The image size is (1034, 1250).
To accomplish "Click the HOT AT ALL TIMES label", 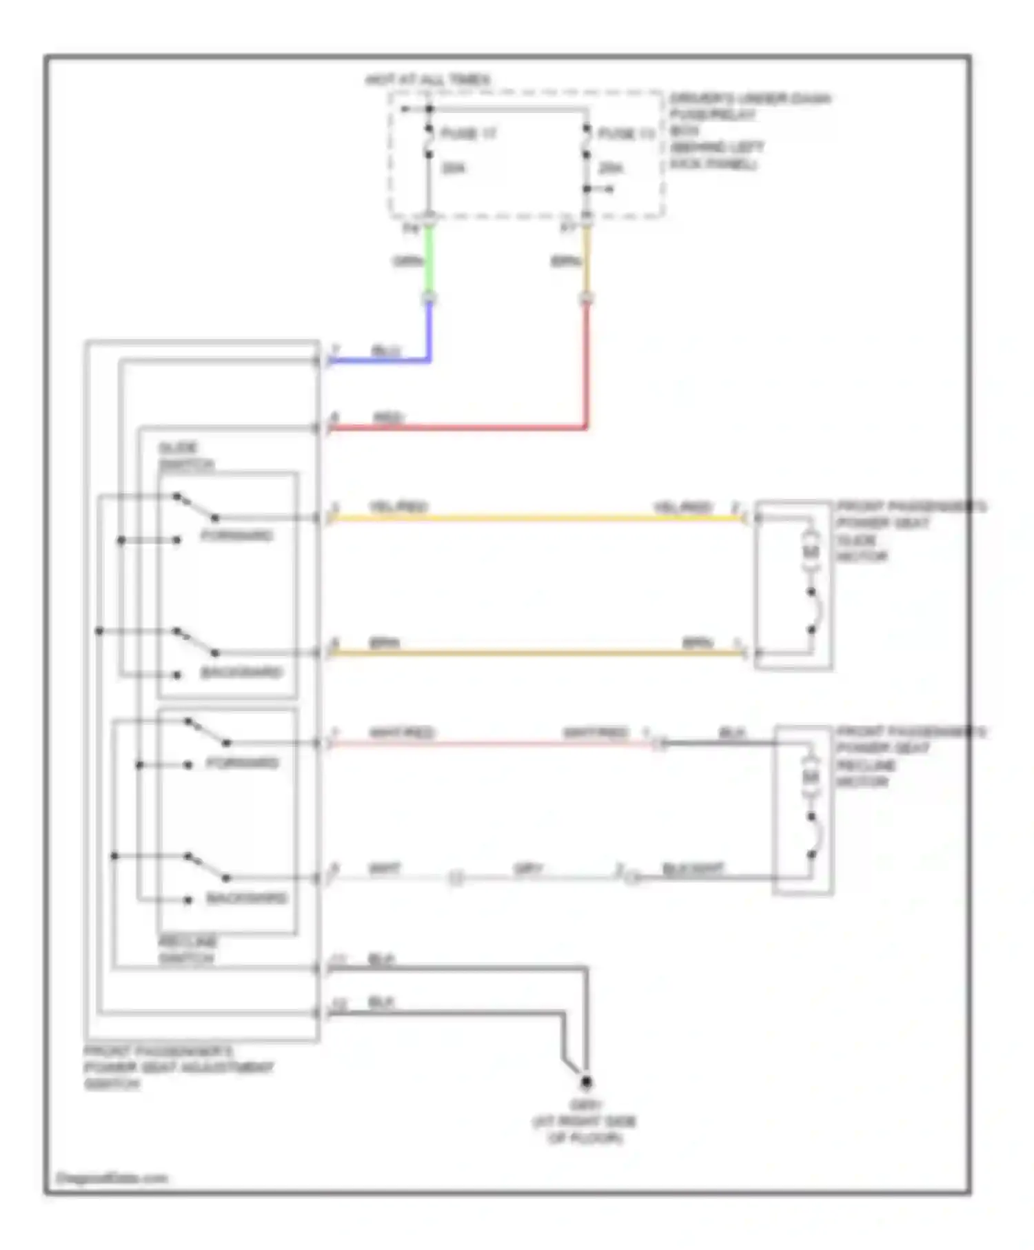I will (427, 80).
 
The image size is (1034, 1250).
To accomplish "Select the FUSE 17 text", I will (468, 133).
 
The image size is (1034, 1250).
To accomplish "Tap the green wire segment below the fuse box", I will (429, 262).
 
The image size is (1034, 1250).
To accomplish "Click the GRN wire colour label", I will (407, 261).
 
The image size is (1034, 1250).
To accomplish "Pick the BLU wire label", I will (385, 351).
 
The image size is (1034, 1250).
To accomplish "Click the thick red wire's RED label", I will (388, 418).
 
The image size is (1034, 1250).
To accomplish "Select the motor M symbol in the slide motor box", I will (811, 552).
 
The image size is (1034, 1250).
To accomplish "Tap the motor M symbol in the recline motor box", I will (811, 777).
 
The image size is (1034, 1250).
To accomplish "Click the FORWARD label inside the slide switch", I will (236, 535).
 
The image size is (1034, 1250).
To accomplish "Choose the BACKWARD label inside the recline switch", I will (246, 898).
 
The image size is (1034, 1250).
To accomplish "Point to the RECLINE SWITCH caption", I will (187, 950).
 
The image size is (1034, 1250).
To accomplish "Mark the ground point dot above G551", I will (586, 1083).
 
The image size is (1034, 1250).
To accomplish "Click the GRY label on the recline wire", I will (528, 869).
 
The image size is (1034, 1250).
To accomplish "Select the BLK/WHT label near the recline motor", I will (692, 868).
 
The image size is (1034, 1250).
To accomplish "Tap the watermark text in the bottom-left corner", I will (112, 1178).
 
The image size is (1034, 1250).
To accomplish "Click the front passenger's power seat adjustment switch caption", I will (178, 1067).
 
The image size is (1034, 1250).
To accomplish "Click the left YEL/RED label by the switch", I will (398, 507).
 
